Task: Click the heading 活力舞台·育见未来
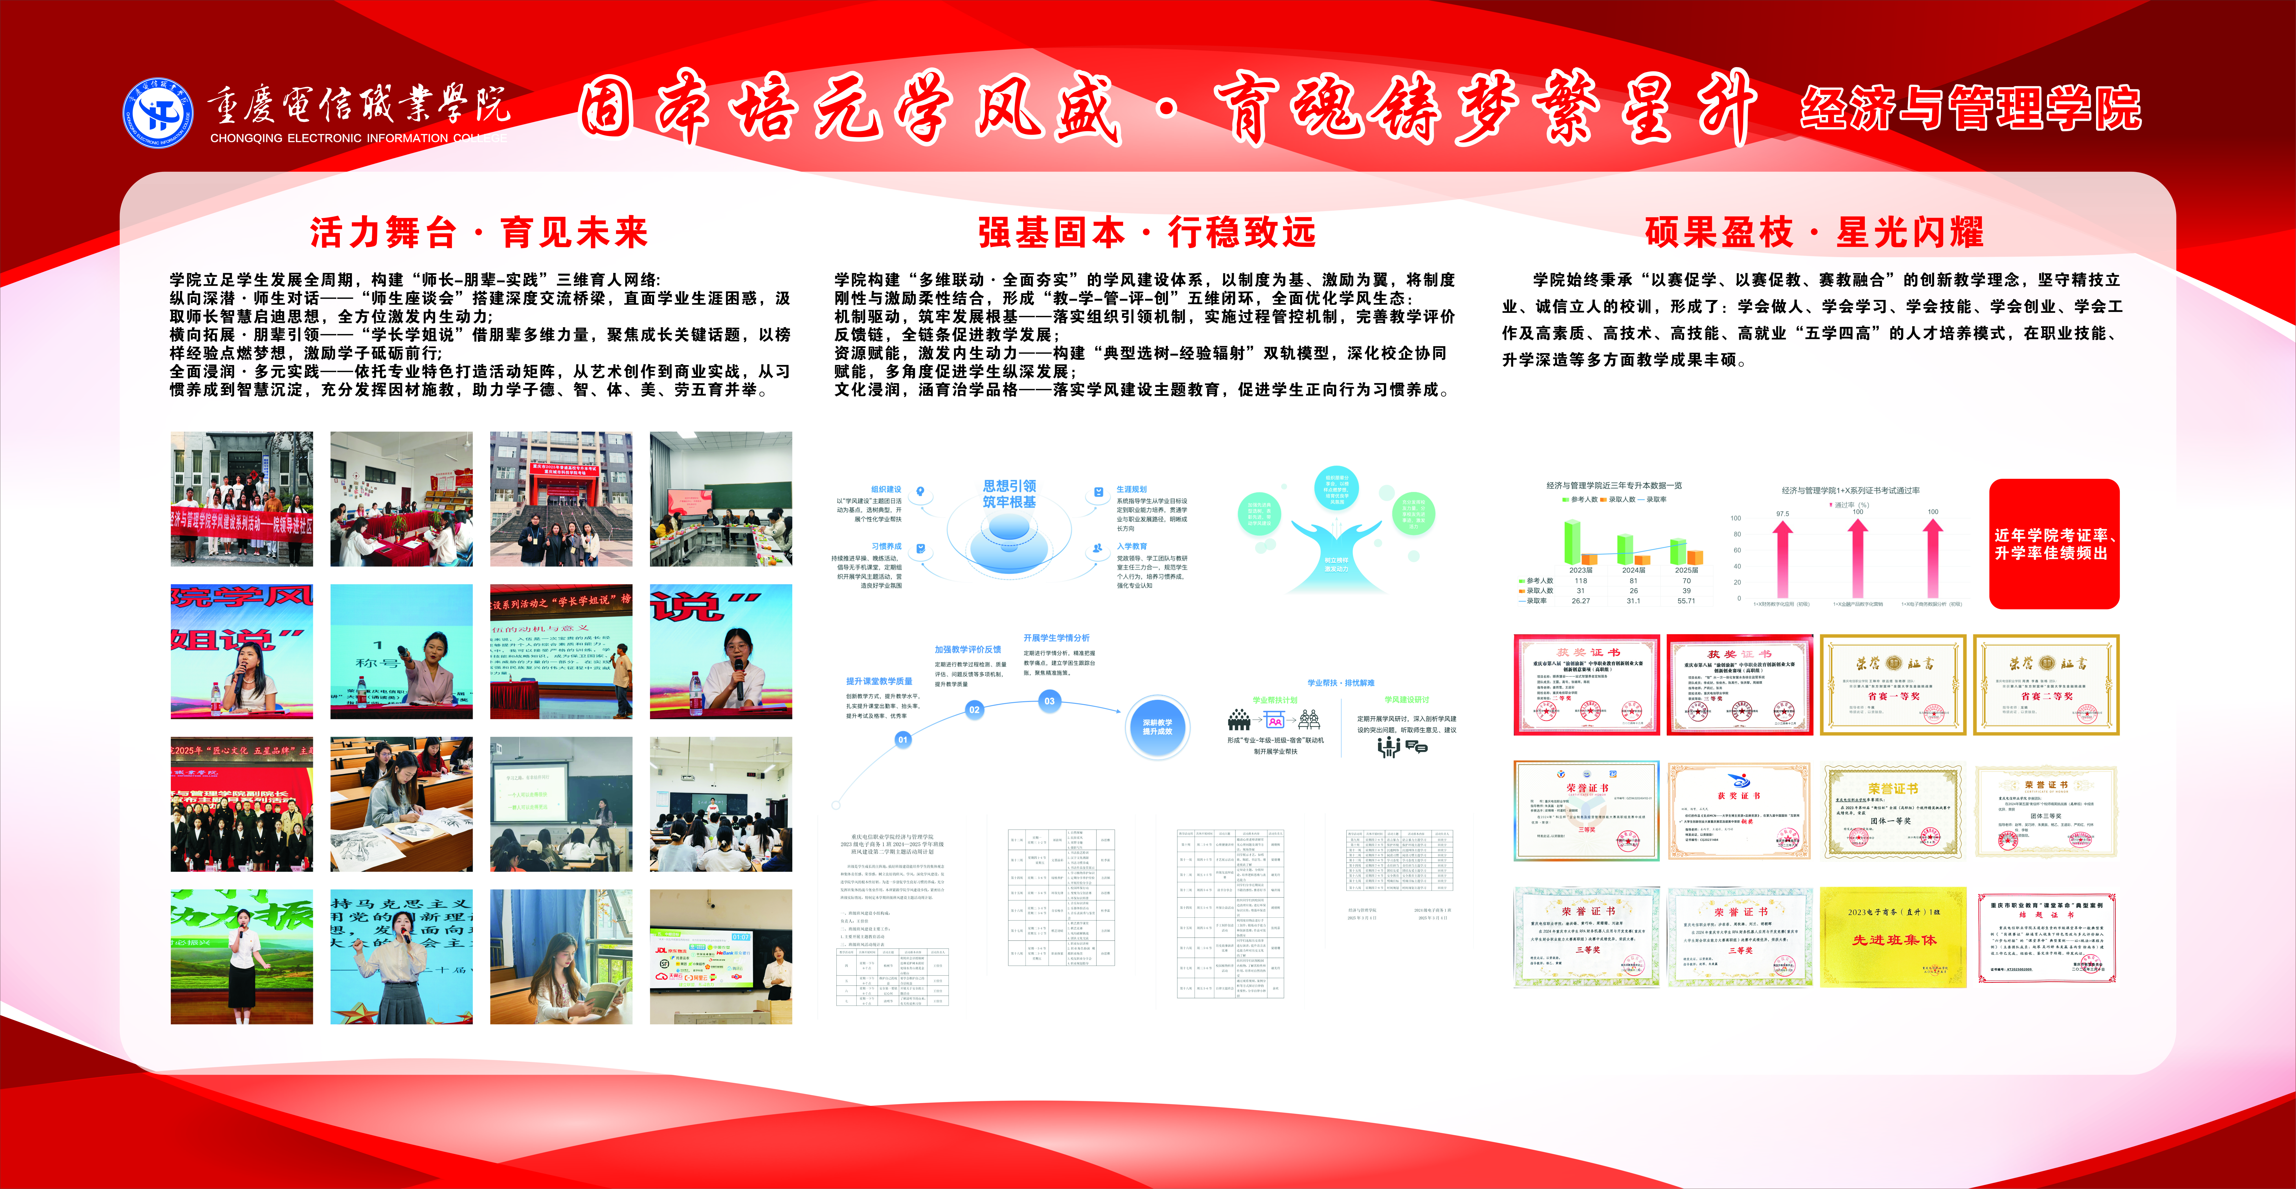click(x=479, y=234)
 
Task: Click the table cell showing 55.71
click(x=1686, y=601)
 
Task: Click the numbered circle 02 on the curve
click(x=974, y=709)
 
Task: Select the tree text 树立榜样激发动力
click(x=1336, y=564)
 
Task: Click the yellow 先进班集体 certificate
click(x=1893, y=937)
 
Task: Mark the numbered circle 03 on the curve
click(x=1049, y=700)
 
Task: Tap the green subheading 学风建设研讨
click(x=1407, y=700)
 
